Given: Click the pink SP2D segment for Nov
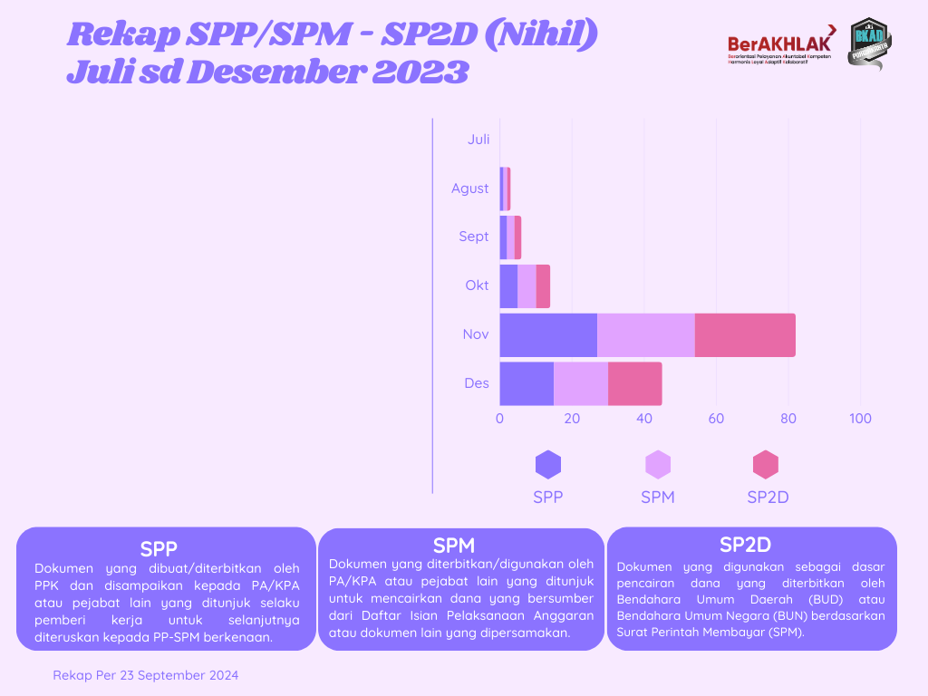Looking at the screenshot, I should coord(745,335).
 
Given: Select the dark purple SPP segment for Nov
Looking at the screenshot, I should coord(548,335).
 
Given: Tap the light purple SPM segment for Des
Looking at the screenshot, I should coord(581,383).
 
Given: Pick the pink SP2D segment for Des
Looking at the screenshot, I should coord(634,383).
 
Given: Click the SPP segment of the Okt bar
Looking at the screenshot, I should coord(508,286).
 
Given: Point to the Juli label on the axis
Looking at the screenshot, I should coord(478,140).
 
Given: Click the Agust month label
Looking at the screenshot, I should coord(470,188).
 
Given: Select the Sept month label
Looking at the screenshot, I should coord(473,237).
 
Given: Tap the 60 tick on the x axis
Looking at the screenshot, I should coord(716,419).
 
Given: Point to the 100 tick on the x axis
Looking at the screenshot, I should coord(860,419).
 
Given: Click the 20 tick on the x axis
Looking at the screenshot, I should coord(572,419).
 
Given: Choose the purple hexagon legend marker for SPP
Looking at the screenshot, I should coord(548,465).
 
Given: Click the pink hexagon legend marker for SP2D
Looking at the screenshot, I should coord(766,465).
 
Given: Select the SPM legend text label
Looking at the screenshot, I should coord(657,498).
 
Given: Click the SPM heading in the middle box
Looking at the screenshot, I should coord(454,546).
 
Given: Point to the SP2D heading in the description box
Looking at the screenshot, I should coord(745,545).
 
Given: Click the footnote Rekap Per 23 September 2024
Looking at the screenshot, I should coord(146,675).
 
